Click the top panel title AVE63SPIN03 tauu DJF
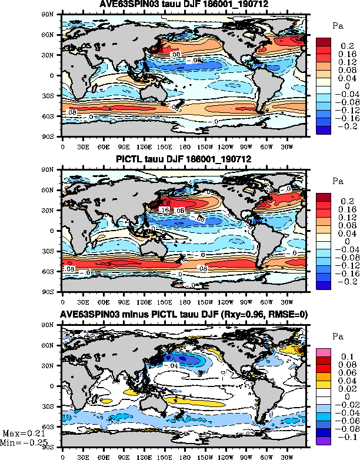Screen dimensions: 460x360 [184, 5]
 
